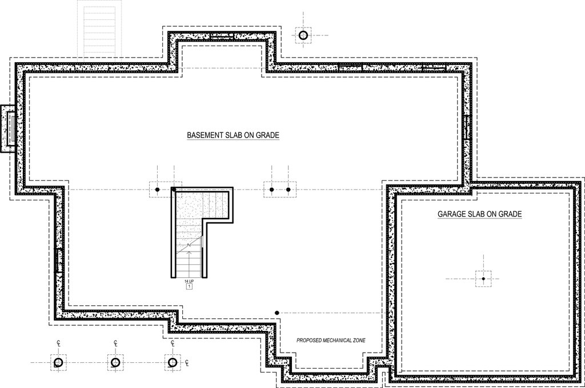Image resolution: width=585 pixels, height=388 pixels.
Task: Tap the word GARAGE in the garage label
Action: (452, 215)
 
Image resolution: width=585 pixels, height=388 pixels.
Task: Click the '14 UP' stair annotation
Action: (189, 282)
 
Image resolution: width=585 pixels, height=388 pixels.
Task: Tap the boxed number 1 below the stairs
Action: (189, 287)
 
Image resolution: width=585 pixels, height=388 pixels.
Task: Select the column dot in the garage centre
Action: (483, 278)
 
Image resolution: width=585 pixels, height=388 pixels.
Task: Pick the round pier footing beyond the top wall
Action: (303, 35)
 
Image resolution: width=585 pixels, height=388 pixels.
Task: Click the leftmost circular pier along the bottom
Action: (58, 362)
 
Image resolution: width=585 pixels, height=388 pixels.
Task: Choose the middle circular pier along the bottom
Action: (115, 362)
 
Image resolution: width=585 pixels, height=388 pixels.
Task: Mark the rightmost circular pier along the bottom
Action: (171, 362)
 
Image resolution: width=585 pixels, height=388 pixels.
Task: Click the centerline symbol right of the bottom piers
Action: (187, 362)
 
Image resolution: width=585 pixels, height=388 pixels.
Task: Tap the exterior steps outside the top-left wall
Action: (101, 28)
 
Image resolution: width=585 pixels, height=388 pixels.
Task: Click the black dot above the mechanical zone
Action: (277, 313)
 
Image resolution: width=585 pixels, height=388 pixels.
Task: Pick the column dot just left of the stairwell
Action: (157, 189)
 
